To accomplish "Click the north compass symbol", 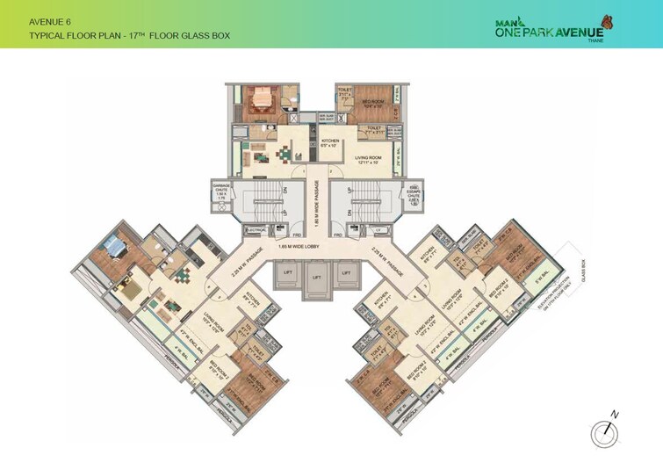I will point(603,430).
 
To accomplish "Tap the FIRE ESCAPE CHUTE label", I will point(412,194).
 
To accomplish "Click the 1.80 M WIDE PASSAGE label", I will point(316,202).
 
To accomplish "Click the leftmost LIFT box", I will point(285,276).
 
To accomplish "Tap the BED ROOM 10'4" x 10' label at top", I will point(372,103).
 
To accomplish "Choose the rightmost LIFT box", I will point(346,276).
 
